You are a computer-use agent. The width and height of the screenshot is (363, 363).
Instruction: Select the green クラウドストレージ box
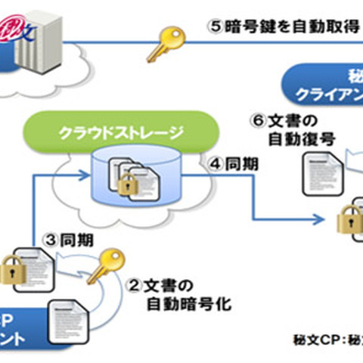point(121,134)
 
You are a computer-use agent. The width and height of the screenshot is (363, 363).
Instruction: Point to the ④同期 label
point(227,164)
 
